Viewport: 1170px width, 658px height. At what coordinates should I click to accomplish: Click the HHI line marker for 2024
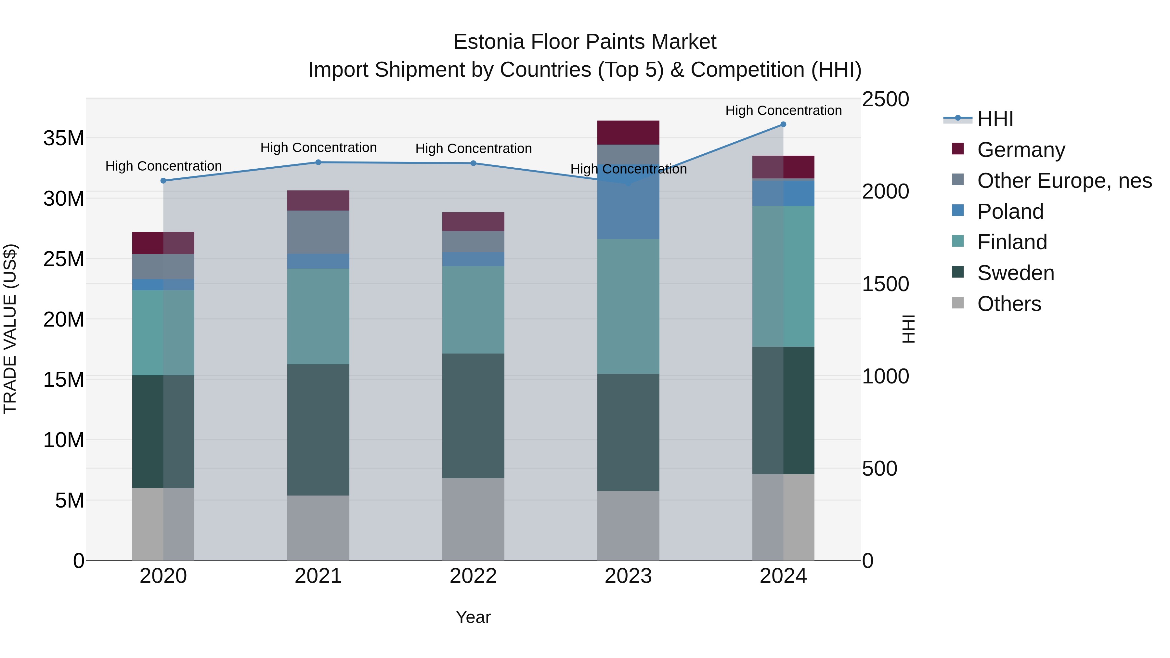783,124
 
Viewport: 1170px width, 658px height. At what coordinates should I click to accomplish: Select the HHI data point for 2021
318,162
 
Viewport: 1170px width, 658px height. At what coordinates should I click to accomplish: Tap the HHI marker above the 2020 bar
163,181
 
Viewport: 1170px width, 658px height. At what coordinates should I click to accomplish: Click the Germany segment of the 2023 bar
628,133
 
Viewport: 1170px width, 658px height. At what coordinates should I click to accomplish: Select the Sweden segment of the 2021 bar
318,430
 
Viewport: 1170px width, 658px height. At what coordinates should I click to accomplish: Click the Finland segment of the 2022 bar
473,310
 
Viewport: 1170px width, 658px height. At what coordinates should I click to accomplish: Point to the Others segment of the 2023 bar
628,525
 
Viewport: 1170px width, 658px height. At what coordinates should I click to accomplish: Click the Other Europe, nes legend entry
1064,181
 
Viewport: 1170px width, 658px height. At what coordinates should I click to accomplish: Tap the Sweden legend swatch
958,272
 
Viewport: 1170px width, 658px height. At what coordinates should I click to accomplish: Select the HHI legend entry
995,119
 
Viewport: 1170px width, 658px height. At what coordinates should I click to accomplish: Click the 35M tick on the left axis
64,138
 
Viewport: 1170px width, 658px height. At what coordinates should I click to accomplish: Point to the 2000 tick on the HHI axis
885,192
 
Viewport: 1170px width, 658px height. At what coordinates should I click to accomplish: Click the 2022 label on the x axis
473,576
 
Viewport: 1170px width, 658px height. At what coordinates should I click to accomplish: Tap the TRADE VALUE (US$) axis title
10,329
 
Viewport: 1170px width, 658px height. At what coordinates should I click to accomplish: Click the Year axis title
473,617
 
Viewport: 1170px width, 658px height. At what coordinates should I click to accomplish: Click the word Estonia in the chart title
489,42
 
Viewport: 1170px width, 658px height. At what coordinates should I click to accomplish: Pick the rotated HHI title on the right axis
908,329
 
